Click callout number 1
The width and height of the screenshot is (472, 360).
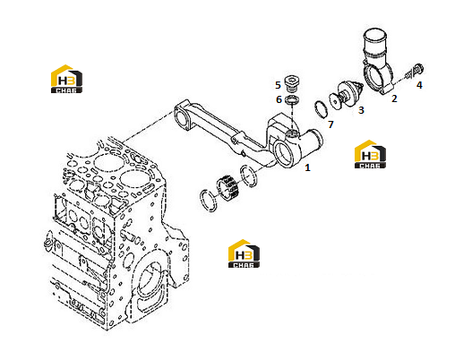click(307, 167)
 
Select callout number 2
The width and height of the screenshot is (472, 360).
click(394, 99)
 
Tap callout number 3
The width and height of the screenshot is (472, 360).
click(361, 110)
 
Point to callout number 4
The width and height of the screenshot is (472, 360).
click(419, 85)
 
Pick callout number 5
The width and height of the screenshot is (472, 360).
click(278, 85)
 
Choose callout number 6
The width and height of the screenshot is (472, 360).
click(279, 99)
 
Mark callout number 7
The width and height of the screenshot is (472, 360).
click(330, 124)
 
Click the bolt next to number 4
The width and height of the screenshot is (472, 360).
click(415, 72)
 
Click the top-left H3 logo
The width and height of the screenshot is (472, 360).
click(66, 79)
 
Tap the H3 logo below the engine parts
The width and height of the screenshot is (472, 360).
click(244, 253)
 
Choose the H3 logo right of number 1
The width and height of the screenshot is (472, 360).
click(370, 154)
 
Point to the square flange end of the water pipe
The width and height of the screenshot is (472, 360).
click(183, 117)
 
